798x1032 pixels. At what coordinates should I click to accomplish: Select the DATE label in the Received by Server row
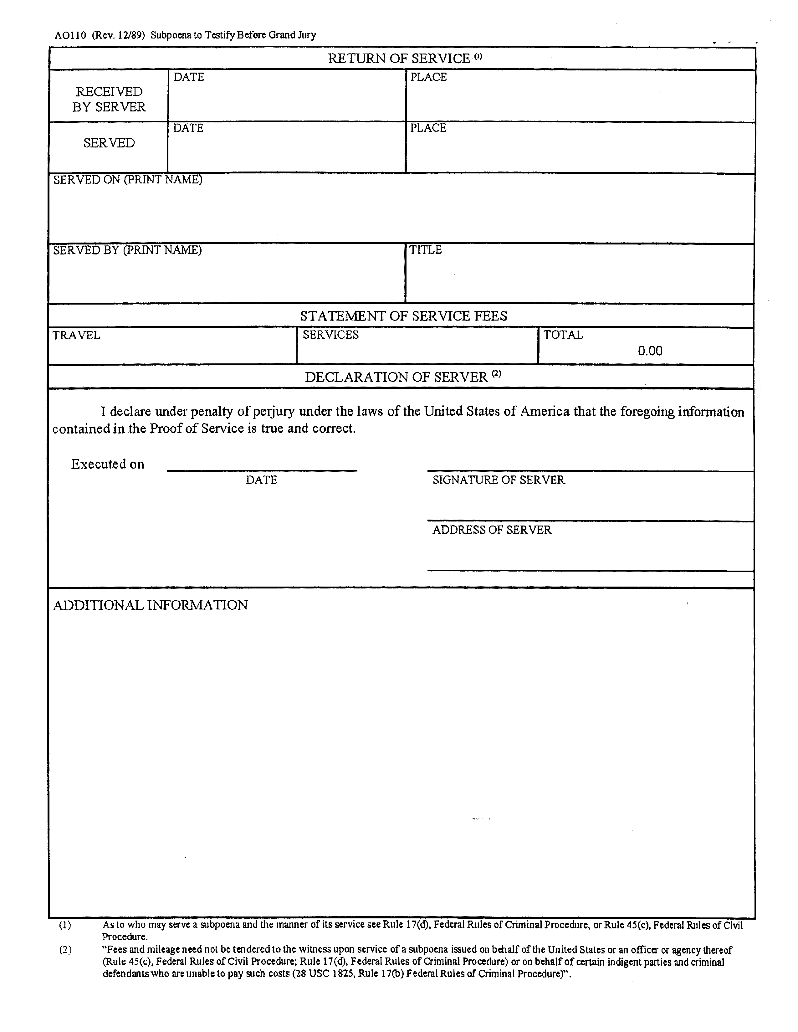click(188, 77)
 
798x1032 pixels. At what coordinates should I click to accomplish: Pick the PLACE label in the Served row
click(428, 128)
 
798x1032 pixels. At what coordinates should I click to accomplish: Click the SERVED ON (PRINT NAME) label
click(128, 180)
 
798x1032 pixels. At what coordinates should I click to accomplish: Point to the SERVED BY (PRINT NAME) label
click(127, 250)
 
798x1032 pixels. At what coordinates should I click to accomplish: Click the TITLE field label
click(425, 250)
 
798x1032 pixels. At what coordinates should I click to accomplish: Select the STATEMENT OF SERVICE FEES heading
click(403, 316)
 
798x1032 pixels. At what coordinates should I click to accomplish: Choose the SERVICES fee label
click(331, 335)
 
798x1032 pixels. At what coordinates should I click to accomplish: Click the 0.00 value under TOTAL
click(650, 351)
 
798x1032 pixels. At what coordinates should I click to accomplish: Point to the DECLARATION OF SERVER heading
click(396, 377)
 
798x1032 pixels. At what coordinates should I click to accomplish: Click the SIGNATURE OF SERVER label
click(499, 480)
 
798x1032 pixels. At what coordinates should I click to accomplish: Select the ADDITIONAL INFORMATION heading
click(150, 605)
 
